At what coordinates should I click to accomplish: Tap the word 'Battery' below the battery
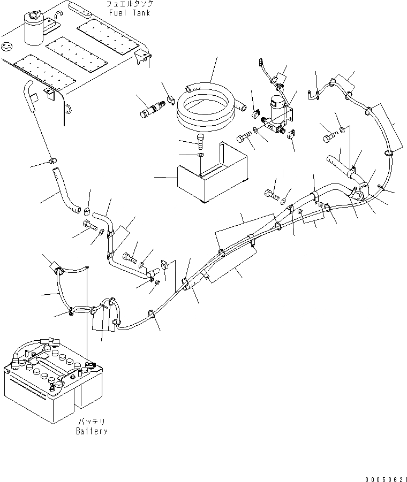(92, 431)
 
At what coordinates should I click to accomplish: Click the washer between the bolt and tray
(200, 155)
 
